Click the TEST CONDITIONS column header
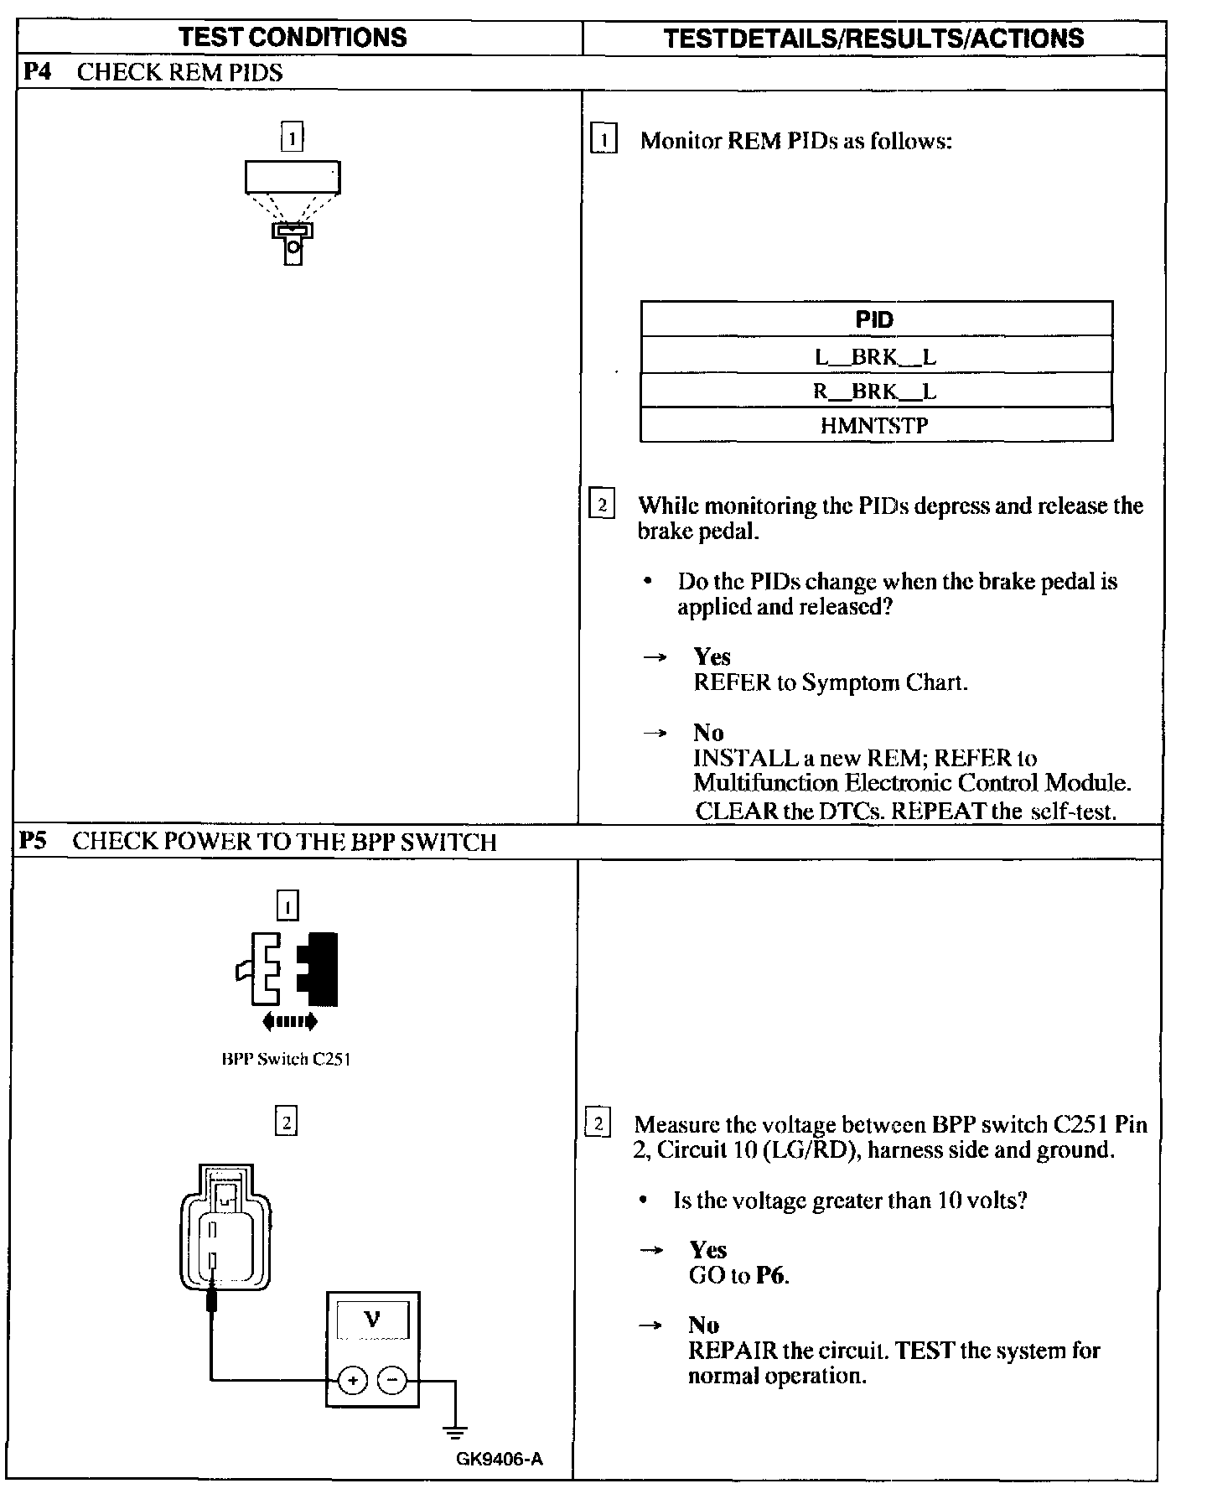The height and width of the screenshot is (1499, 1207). pos(293,38)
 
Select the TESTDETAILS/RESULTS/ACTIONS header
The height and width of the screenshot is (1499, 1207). pos(873,39)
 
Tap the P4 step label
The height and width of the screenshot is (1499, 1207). pos(37,72)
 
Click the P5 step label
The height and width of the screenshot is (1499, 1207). pos(34,841)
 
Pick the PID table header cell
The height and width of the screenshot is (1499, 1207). pos(875,319)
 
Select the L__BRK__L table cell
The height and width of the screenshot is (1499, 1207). pos(875,356)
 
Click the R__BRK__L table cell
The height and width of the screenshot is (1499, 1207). pos(875,392)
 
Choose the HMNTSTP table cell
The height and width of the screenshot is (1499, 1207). pos(875,426)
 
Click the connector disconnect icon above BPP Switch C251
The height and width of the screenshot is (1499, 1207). pos(288,977)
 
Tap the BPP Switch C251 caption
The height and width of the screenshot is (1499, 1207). pos(286,1059)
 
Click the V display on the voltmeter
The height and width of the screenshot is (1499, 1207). pos(372,1320)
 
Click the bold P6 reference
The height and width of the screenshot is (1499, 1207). pos(771,1276)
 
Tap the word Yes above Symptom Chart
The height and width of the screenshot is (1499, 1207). pos(712,656)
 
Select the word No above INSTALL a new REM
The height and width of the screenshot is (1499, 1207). pos(708,733)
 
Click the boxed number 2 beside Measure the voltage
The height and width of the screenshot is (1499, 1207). pos(598,1123)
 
